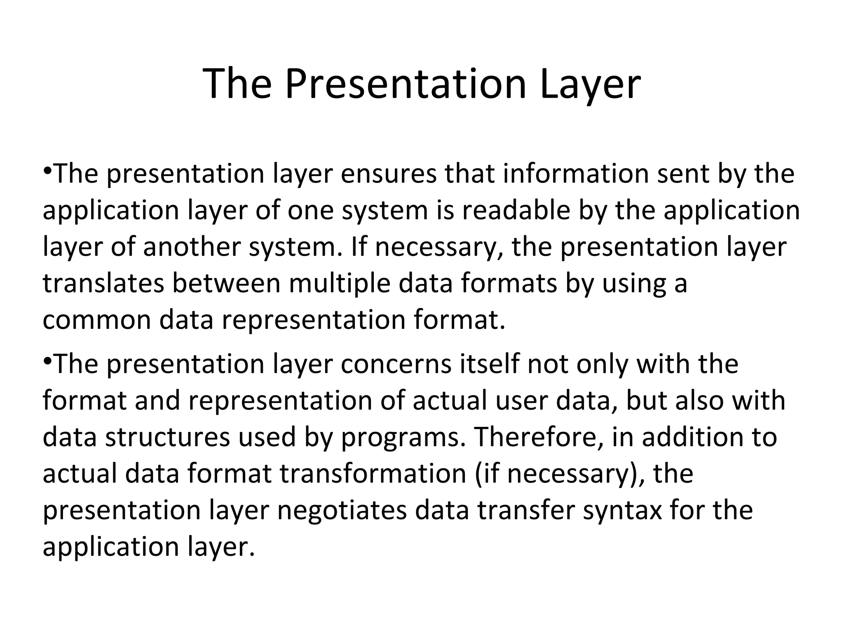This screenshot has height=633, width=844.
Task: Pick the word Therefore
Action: pyautogui.click(x=539, y=437)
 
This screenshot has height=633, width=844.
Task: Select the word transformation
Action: pyautogui.click(x=373, y=474)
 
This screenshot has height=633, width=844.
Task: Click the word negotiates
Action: pyautogui.click(x=342, y=510)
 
